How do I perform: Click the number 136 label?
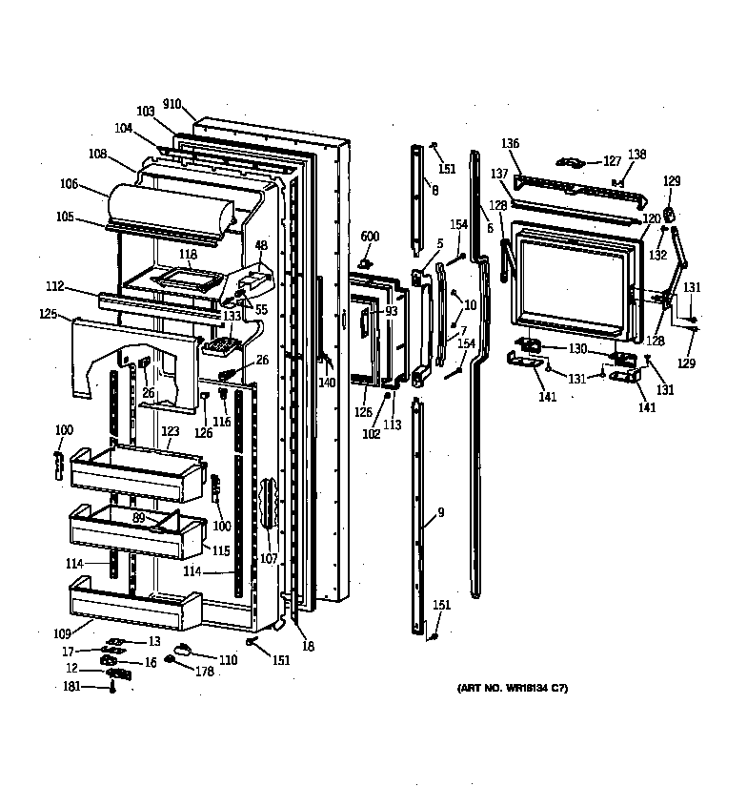click(510, 144)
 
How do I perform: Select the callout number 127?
click(611, 161)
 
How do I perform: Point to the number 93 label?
click(391, 311)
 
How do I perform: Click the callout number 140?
click(327, 383)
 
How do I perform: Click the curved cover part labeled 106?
click(167, 205)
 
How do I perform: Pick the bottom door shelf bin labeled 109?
click(133, 604)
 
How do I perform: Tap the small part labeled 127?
click(572, 163)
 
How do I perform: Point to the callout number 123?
click(170, 431)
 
